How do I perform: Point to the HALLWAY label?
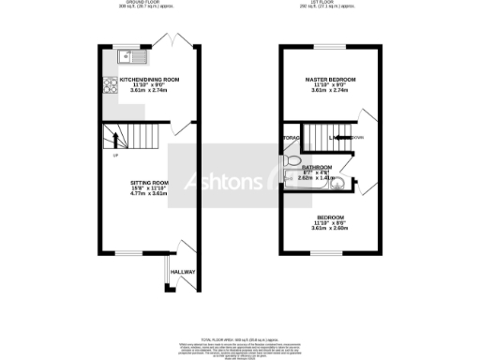point(183,272)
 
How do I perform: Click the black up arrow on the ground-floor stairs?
point(116,141)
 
